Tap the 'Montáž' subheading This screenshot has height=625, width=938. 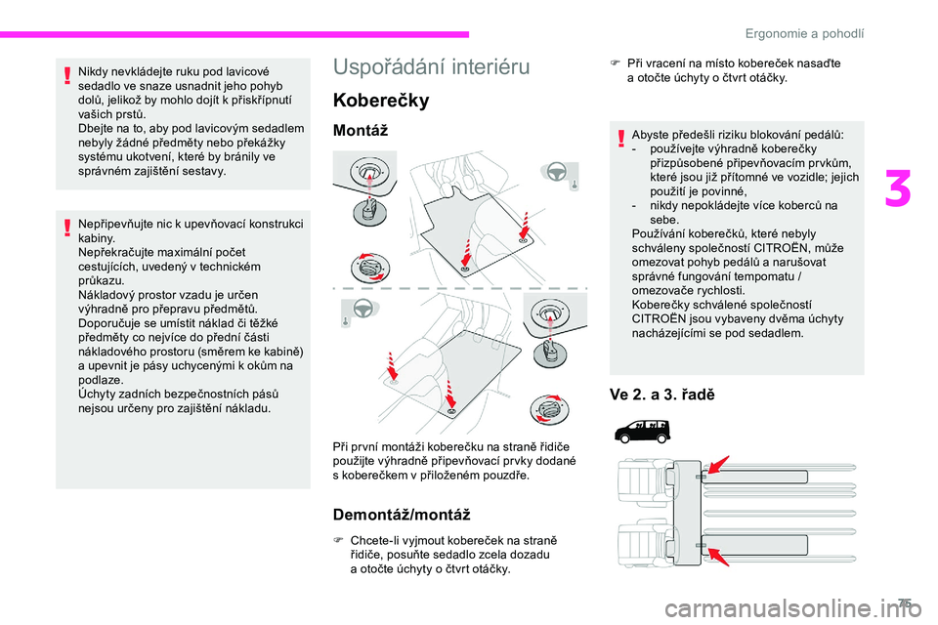tap(362, 130)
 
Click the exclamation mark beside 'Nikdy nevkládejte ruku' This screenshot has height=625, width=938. tap(64, 77)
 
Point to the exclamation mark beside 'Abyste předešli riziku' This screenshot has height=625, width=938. tap(620, 138)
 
